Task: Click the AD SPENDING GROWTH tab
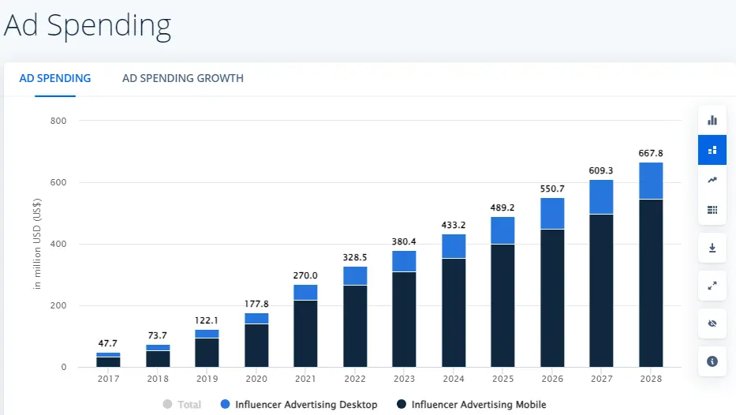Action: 182,78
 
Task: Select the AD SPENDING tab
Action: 55,78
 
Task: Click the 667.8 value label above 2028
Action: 650,153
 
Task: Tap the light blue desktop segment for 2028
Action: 650,181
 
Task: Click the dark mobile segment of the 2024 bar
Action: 453,312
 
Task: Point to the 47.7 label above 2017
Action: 108,343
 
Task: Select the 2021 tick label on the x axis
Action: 305,379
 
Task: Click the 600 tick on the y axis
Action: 59,182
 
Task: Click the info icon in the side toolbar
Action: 712,361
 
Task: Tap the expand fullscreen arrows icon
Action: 712,286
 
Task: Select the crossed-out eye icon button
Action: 712,323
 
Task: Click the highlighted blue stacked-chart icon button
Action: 712,150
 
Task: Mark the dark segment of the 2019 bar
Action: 207,352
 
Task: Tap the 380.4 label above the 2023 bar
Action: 404,241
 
